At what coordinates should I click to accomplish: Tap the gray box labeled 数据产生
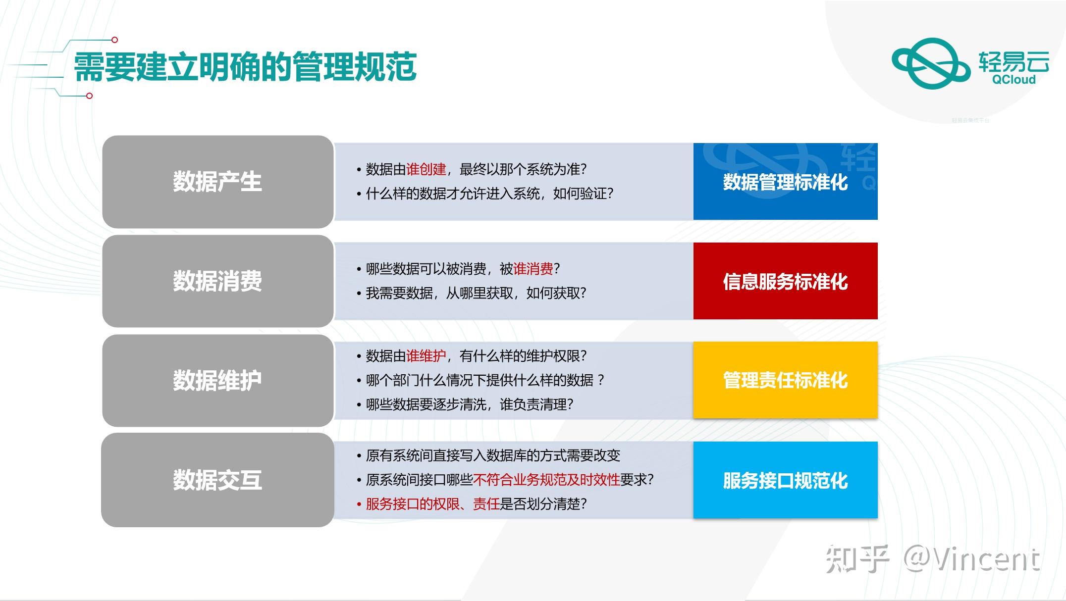point(217,182)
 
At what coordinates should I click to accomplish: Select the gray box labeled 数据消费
point(217,281)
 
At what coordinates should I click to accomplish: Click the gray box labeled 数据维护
point(217,381)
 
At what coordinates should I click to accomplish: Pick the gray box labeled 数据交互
point(217,480)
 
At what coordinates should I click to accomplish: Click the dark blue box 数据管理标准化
point(785,182)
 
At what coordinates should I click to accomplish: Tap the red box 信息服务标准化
point(785,281)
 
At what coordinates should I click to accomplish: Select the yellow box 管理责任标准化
point(785,380)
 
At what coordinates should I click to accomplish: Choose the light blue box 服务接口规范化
point(785,480)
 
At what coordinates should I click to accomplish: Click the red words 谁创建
point(426,169)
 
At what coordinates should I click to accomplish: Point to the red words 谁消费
point(533,269)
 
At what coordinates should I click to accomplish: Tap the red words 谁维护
point(426,356)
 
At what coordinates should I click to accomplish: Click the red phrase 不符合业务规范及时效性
point(546,480)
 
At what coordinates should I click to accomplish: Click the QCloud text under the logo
point(1013,80)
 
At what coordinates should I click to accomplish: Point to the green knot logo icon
point(930,63)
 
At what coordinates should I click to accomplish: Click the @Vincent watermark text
point(971,559)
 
